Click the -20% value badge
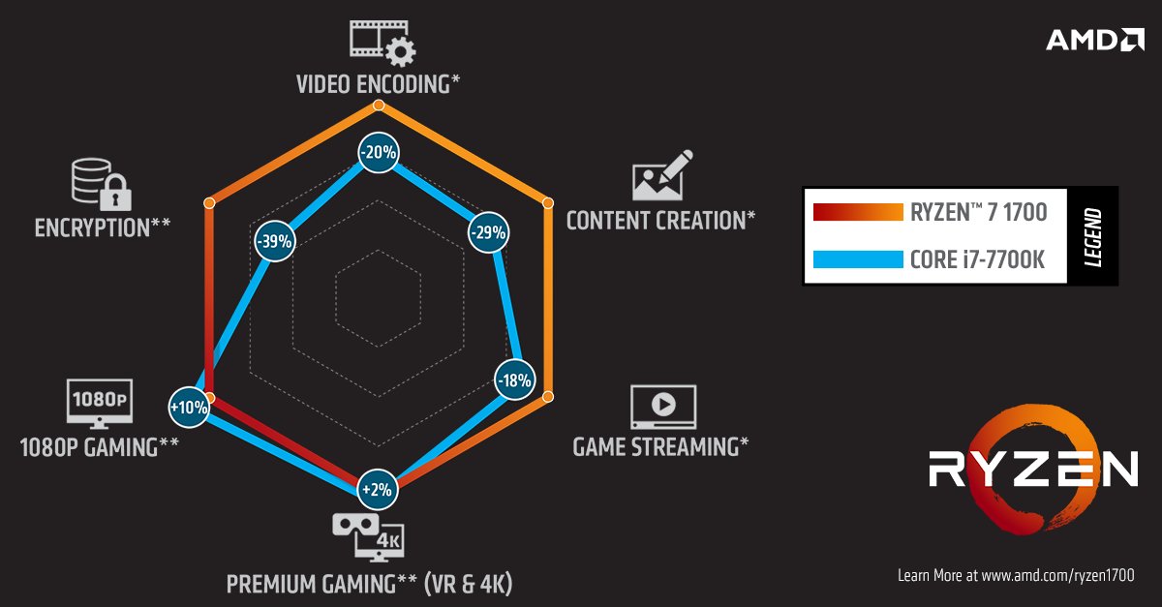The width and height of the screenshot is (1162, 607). tap(378, 152)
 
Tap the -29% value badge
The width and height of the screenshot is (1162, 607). tap(487, 232)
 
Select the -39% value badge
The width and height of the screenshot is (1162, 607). tap(274, 242)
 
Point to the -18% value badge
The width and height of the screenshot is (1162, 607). tap(513, 380)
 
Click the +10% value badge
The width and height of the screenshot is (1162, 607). tap(189, 408)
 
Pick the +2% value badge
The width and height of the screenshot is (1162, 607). tap(377, 489)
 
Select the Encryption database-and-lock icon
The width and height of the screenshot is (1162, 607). tap(101, 185)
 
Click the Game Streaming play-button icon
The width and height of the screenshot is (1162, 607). tap(662, 407)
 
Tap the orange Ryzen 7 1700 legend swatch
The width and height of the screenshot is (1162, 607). tap(856, 212)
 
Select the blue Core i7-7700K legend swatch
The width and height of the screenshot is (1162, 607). tap(856, 259)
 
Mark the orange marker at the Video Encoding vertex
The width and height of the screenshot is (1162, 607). tap(378, 105)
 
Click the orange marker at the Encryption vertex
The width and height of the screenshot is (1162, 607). tap(208, 202)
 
